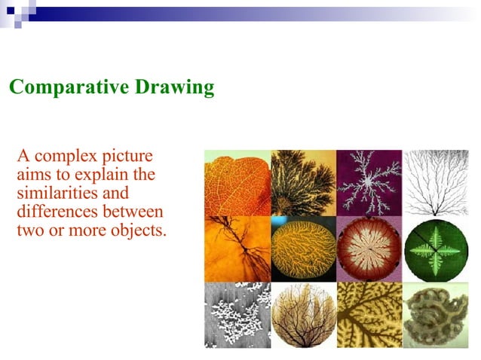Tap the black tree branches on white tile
pyautogui.click(x=435, y=182)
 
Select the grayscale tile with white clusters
pyautogui.click(x=237, y=315)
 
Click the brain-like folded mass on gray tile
pyautogui.click(x=435, y=315)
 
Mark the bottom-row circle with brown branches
pyautogui.click(x=303, y=315)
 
